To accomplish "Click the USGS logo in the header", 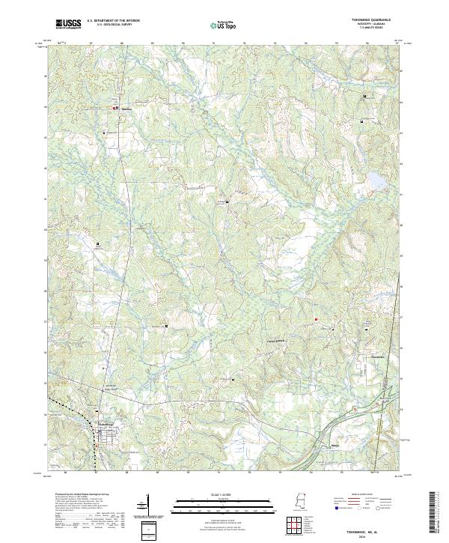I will tap(68, 24).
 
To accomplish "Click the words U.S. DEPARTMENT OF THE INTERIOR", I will tap(113, 21).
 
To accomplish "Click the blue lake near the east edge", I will tap(375, 181).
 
